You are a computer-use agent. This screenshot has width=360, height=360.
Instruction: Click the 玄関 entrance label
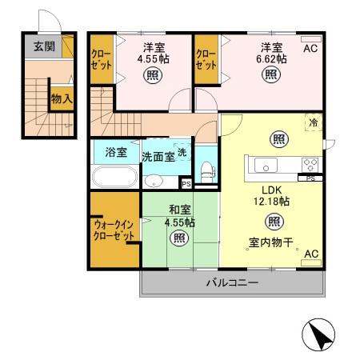pos(44,46)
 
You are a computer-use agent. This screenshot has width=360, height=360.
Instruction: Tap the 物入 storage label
pos(62,98)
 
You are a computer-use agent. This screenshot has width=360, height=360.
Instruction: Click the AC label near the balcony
pos(311,254)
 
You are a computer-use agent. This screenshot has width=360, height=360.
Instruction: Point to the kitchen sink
pos(266,166)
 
